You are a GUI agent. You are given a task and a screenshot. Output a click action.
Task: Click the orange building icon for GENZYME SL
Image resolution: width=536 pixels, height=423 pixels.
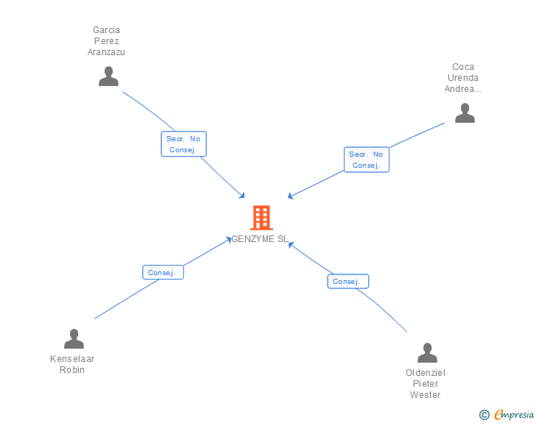(x=261, y=218)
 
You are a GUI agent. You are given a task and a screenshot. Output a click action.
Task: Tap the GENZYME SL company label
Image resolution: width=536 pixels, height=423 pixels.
(x=260, y=239)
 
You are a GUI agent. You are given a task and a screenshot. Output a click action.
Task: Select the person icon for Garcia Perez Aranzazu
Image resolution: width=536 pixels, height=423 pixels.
(x=108, y=77)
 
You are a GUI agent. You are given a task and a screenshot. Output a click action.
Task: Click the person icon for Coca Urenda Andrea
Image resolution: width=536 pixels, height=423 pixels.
(x=465, y=113)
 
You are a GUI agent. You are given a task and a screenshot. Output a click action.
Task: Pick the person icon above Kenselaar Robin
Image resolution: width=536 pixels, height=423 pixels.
(x=74, y=338)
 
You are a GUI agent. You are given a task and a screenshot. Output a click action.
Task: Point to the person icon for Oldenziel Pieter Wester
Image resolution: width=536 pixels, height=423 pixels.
(x=427, y=352)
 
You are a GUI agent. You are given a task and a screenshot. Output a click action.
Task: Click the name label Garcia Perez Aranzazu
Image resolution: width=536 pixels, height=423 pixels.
(x=106, y=41)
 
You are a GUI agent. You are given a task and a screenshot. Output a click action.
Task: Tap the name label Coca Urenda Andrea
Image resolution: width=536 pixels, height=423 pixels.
(x=463, y=78)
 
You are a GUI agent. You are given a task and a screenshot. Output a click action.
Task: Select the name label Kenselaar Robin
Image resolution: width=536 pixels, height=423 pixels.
(x=72, y=364)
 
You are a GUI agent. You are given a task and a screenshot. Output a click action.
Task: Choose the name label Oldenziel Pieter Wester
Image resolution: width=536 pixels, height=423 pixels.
(x=426, y=384)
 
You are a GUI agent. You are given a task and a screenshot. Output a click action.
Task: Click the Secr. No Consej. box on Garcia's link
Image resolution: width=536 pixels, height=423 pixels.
(x=183, y=144)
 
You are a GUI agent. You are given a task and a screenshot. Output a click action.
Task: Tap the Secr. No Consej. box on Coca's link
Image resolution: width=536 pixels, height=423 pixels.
(x=367, y=160)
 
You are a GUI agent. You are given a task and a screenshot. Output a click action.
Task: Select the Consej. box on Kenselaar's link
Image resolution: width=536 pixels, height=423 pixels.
(x=163, y=272)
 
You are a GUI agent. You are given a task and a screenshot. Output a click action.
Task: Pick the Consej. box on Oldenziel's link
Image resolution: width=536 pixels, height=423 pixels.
(x=348, y=281)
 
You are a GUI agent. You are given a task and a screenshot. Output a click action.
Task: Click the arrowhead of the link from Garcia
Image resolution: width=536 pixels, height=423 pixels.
(x=242, y=196)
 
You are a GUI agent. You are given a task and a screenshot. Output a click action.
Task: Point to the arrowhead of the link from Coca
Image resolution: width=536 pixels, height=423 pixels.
(x=290, y=196)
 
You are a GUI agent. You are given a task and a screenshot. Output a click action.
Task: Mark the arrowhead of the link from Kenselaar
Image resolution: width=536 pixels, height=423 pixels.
(x=229, y=239)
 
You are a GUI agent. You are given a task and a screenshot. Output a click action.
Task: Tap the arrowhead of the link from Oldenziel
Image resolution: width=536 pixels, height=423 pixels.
(x=291, y=244)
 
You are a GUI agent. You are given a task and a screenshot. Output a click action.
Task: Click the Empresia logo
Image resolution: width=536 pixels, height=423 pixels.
(x=514, y=414)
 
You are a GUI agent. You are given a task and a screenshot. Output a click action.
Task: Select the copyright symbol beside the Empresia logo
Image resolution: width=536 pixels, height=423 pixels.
(x=484, y=415)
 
